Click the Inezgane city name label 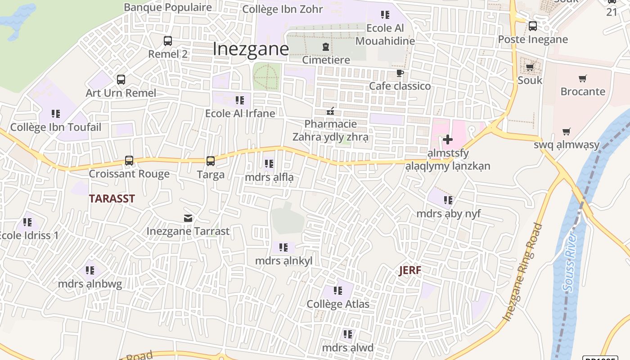tap(250, 49)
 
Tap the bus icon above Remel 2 tap(168, 41)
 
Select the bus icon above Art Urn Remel tap(121, 80)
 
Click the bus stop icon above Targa tap(210, 161)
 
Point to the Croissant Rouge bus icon tap(129, 160)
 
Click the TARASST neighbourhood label tap(112, 199)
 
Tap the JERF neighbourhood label tap(410, 270)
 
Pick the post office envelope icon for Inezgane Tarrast tap(188, 218)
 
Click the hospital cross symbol tap(448, 139)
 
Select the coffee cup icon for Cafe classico tap(400, 73)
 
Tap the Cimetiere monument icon tap(325, 47)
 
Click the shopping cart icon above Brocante tap(583, 79)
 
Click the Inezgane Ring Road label tap(523, 272)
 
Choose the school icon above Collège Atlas tap(337, 291)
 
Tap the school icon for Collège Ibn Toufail tap(56, 114)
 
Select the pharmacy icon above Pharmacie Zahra tap(330, 111)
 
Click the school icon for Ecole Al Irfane tap(240, 100)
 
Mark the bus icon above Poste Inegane tap(533, 26)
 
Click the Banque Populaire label tap(168, 7)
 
